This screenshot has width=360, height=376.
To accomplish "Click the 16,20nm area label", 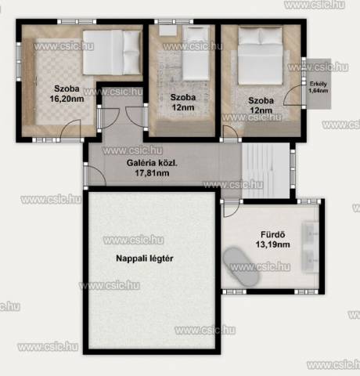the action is [x=67, y=99].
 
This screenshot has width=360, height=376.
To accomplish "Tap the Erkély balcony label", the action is [x=318, y=84].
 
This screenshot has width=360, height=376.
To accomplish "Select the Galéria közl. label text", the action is [x=152, y=163].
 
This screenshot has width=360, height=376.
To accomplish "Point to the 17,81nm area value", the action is [x=152, y=173].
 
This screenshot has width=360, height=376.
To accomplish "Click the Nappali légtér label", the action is [x=145, y=258].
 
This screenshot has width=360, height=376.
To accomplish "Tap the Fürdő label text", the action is [x=272, y=234].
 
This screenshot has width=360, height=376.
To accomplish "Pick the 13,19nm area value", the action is [x=272, y=244].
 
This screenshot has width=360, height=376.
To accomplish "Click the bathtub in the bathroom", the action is [x=241, y=266].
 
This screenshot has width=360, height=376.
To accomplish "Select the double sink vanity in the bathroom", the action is [x=310, y=248].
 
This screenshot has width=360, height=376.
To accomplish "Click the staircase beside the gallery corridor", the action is [x=265, y=170].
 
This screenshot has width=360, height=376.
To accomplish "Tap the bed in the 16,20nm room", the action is [x=112, y=52].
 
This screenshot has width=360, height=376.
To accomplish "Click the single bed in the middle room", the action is [x=196, y=53].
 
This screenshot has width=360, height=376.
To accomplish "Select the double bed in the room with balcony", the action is [x=261, y=56].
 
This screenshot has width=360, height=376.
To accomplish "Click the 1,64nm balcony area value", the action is [x=319, y=91].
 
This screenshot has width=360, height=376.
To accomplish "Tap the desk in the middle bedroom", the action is [x=167, y=31].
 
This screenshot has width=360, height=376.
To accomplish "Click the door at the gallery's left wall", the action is [x=96, y=175].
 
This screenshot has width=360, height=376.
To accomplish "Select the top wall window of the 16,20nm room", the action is [x=77, y=21].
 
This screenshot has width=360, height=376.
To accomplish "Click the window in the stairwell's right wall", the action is [x=293, y=168].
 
